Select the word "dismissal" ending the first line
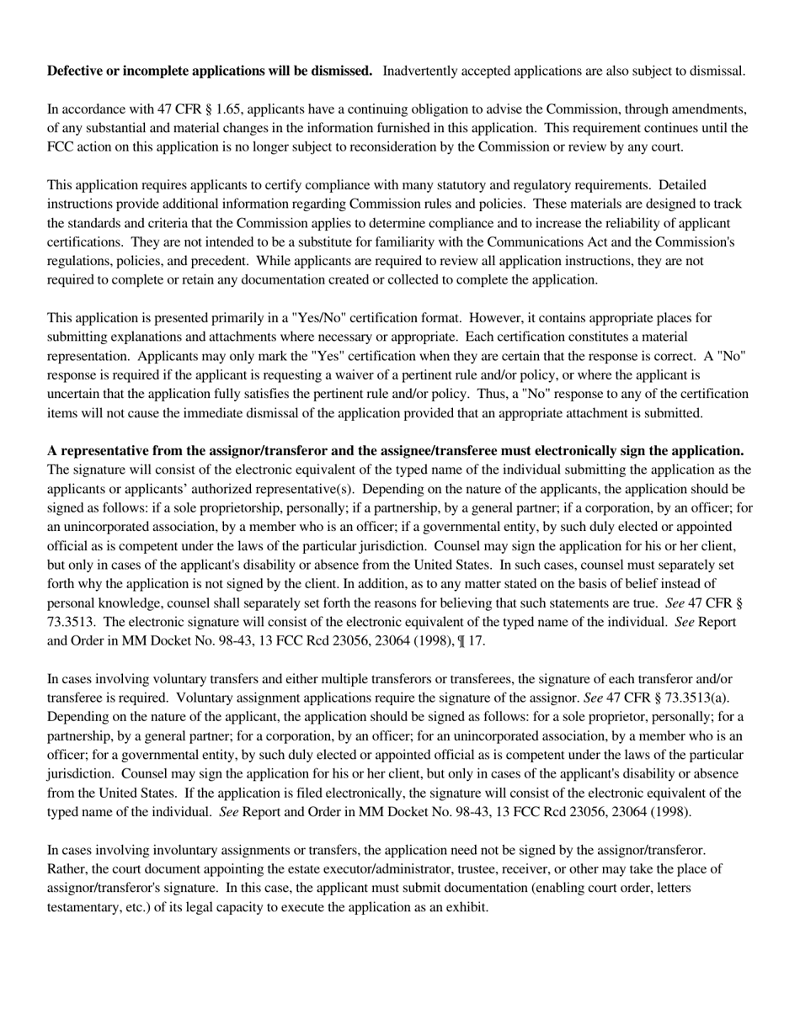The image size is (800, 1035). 717,71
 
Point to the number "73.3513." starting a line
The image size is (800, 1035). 72,622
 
